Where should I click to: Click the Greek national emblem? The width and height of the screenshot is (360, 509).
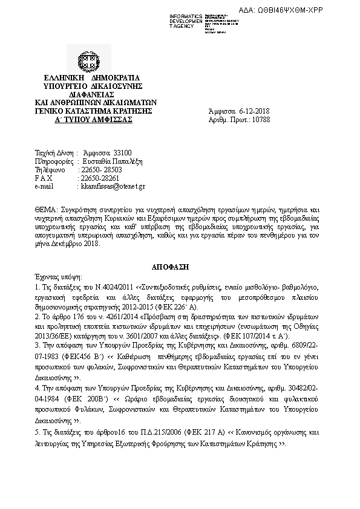pyautogui.click(x=83, y=61)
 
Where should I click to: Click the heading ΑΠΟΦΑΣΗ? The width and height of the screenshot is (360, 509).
pyautogui.click(x=180, y=265)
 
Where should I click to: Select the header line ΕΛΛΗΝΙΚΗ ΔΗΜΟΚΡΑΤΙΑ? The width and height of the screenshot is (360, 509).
pyautogui.click(x=92, y=79)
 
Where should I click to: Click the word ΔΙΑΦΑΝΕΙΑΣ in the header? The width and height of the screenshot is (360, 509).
pyautogui.click(x=92, y=95)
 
